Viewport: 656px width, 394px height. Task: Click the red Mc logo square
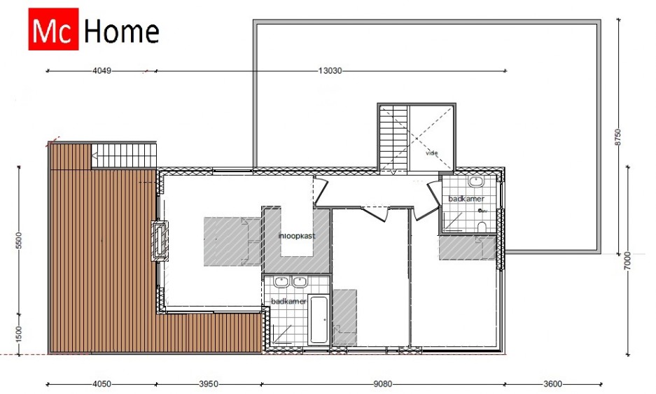pos(53,29)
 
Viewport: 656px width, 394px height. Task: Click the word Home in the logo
pos(122,31)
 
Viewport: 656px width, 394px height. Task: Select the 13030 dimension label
pos(330,71)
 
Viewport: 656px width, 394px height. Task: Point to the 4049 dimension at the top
pos(102,71)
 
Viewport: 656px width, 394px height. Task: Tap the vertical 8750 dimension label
pos(618,137)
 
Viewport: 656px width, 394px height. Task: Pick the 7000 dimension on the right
pos(627,260)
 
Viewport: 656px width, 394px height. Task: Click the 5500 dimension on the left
pos(19,240)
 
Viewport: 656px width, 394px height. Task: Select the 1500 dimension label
pos(19,335)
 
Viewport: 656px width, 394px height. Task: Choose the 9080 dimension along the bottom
pos(382,384)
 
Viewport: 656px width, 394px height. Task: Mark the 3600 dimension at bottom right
pos(552,384)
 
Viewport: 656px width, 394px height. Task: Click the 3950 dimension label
pos(209,384)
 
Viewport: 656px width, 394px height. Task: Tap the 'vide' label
pos(432,153)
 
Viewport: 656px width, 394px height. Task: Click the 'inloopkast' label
pos(297,236)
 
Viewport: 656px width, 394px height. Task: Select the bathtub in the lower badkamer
pos(319,320)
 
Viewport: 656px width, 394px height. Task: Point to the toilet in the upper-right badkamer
pos(482,227)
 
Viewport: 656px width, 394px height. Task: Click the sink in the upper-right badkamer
pos(475,182)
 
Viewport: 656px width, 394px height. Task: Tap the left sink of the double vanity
pos(283,282)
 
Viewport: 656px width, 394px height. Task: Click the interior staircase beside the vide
pos(393,138)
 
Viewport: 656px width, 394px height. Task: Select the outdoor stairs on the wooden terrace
pos(124,155)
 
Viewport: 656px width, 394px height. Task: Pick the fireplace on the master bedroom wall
pos(160,241)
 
